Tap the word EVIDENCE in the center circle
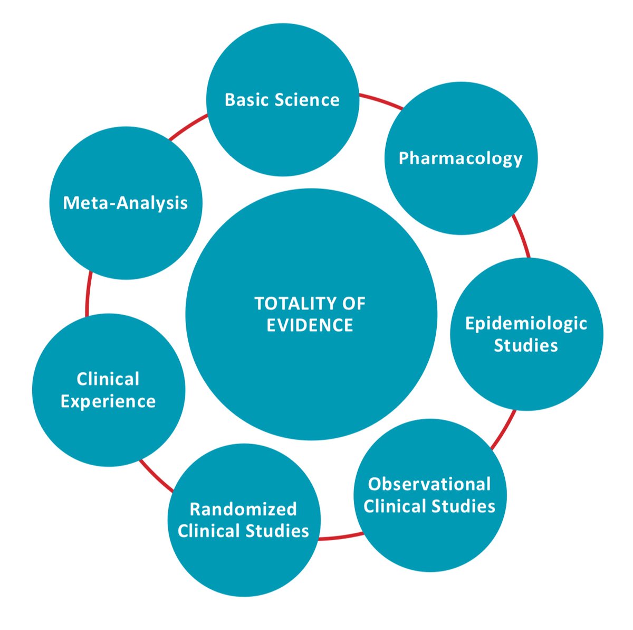(310, 325)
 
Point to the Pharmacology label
(461, 158)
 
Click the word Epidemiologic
(526, 323)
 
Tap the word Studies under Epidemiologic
(526, 345)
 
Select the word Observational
(429, 484)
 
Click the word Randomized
(243, 509)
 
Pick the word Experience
(108, 401)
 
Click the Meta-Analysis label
(126, 203)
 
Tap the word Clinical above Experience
(108, 379)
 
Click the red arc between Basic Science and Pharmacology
(381, 101)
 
